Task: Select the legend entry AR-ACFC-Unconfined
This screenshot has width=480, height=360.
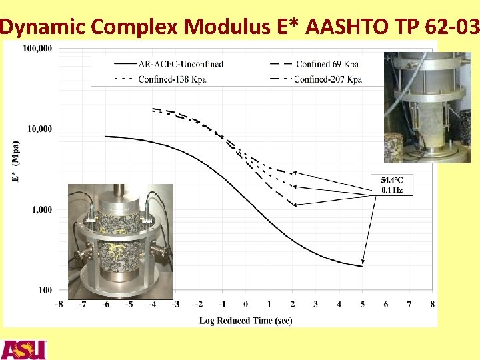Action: click(181, 64)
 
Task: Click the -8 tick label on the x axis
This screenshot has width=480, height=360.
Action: click(59, 305)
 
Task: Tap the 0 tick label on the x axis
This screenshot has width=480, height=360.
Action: click(245, 305)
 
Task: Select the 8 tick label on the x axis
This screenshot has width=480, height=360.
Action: click(432, 305)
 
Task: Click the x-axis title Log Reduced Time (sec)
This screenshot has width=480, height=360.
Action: click(245, 321)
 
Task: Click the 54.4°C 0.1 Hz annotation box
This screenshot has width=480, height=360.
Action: click(391, 185)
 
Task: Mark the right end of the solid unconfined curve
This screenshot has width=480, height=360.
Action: click(362, 267)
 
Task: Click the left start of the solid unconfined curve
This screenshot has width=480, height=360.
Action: click(106, 137)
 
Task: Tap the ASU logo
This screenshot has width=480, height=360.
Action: click(24, 349)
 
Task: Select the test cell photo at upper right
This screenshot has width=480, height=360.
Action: click(409, 107)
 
